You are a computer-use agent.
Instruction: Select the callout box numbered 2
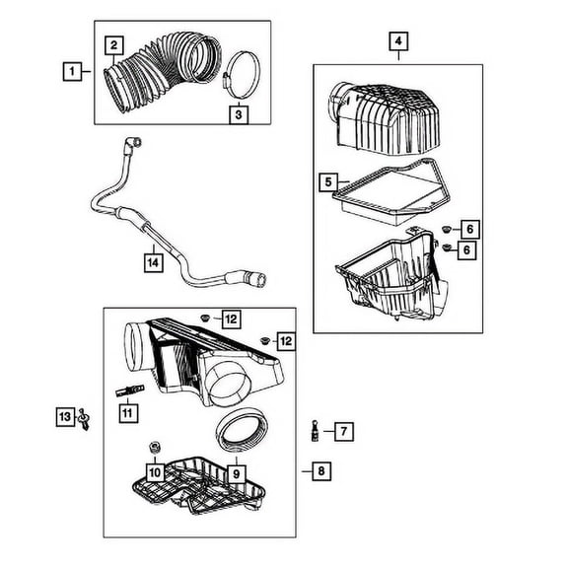pyautogui.click(x=115, y=44)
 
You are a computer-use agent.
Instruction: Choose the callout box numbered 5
pyautogui.click(x=329, y=181)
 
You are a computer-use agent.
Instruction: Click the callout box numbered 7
pyautogui.click(x=343, y=431)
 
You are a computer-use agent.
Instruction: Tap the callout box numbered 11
pyautogui.click(x=126, y=412)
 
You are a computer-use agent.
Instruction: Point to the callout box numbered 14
pyautogui.click(x=151, y=262)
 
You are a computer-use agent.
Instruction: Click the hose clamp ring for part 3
pyautogui.click(x=236, y=75)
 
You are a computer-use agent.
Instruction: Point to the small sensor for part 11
pyautogui.click(x=129, y=388)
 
